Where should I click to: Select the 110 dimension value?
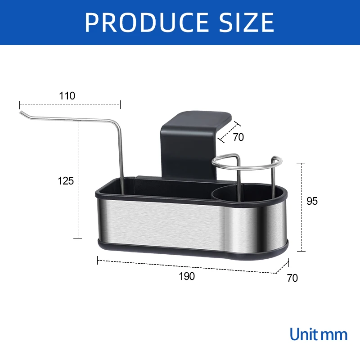[x=67, y=96]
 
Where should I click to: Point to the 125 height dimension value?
[x=66, y=181]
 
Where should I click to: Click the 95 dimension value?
[x=312, y=201]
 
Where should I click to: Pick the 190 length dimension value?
[x=186, y=276]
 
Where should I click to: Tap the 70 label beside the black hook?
[x=238, y=137]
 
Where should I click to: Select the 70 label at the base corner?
[x=292, y=278]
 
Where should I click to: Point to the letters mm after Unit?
[x=335, y=335]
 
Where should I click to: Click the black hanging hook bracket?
[x=189, y=139]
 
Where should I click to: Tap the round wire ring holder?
[x=245, y=164]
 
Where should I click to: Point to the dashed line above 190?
[x=187, y=266]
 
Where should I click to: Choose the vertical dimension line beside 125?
[x=79, y=180]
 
